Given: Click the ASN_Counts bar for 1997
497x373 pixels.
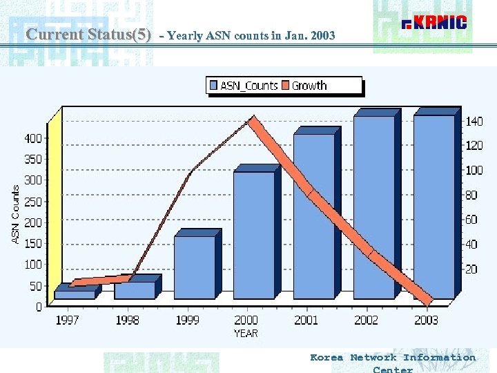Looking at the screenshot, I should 75,294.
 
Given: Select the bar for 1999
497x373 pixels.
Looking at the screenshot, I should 194,267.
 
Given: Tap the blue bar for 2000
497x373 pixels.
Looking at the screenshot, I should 253,235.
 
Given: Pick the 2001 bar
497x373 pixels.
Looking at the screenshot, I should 313,216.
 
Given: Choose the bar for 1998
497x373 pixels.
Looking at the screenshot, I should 134,290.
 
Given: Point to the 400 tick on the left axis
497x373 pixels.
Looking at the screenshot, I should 33,138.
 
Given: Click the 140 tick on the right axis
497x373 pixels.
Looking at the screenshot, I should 474,122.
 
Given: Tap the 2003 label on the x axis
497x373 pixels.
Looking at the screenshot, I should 426,320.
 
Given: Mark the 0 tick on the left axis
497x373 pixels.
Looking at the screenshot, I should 39,305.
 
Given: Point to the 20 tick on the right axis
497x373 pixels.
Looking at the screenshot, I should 471,269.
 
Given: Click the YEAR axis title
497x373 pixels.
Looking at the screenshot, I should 246,333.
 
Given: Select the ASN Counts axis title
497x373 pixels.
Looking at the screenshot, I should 16,213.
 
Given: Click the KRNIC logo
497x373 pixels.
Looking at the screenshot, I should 435,23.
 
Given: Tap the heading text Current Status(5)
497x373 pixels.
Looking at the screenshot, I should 88,34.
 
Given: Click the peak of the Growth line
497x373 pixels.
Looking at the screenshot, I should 253,121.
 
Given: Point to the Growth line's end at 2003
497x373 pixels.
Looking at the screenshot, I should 427,301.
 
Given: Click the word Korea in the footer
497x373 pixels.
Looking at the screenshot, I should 327,357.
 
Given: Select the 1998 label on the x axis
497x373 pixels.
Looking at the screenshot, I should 127,320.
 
